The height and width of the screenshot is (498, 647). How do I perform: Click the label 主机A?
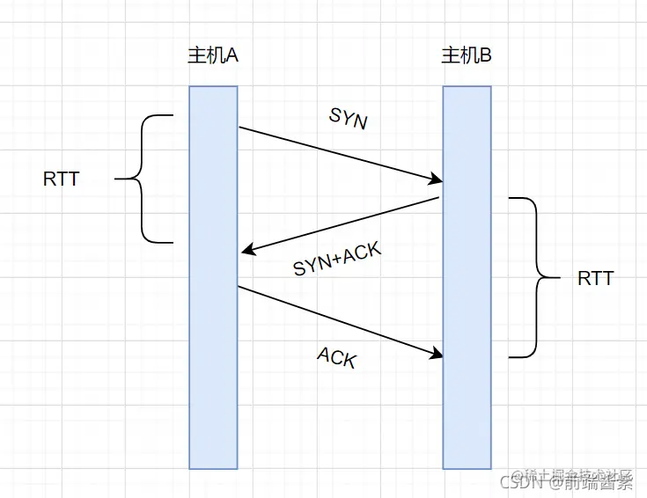213,55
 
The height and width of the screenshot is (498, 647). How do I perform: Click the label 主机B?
466,55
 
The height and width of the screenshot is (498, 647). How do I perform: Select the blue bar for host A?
213,352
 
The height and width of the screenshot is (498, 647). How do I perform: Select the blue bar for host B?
467,396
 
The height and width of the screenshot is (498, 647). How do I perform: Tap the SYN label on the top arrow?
348,118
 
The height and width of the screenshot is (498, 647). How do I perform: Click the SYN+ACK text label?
337,260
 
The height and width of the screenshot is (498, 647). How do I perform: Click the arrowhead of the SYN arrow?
436,181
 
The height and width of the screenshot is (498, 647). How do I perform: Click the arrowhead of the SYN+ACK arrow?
247,252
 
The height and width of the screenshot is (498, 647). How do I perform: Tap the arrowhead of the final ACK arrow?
436,355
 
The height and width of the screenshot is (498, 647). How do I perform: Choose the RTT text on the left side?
61,179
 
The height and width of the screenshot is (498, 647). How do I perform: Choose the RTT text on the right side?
595,279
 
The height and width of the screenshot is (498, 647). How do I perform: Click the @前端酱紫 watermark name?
589,481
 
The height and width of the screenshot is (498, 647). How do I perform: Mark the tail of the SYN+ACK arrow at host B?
437,200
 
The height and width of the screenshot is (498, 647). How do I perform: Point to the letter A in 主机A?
233,55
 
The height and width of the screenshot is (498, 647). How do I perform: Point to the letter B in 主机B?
486,55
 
